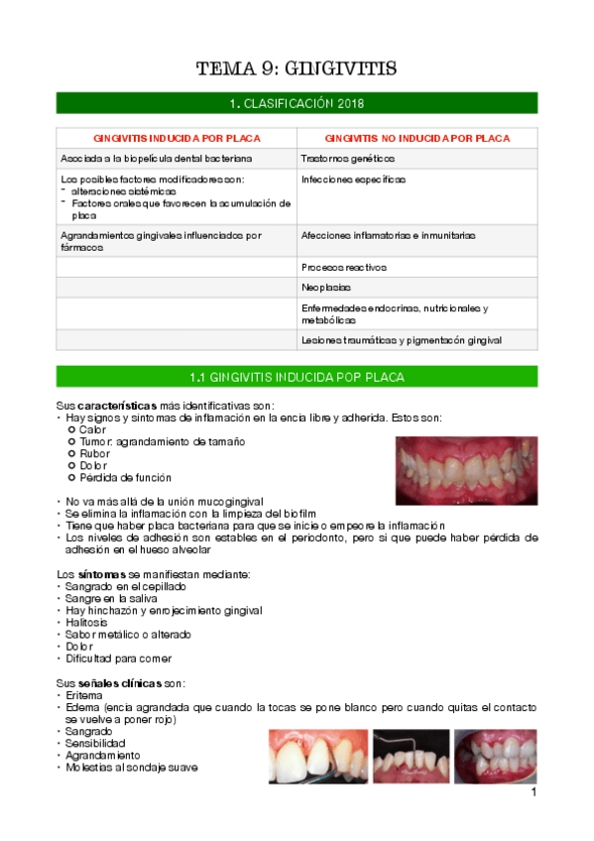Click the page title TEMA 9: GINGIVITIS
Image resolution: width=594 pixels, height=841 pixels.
297,68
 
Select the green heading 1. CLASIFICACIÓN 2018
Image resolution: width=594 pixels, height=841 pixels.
297,103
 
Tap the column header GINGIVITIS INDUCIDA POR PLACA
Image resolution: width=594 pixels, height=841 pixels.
177,138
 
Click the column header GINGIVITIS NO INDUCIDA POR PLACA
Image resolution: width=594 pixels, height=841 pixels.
417,138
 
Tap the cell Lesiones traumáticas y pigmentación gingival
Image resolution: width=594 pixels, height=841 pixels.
402,340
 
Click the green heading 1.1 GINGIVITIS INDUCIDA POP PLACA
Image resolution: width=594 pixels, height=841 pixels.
297,377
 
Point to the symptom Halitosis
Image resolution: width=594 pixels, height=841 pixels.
86,623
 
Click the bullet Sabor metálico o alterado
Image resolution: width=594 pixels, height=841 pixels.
128,635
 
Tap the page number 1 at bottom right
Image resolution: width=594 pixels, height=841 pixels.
534,793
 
